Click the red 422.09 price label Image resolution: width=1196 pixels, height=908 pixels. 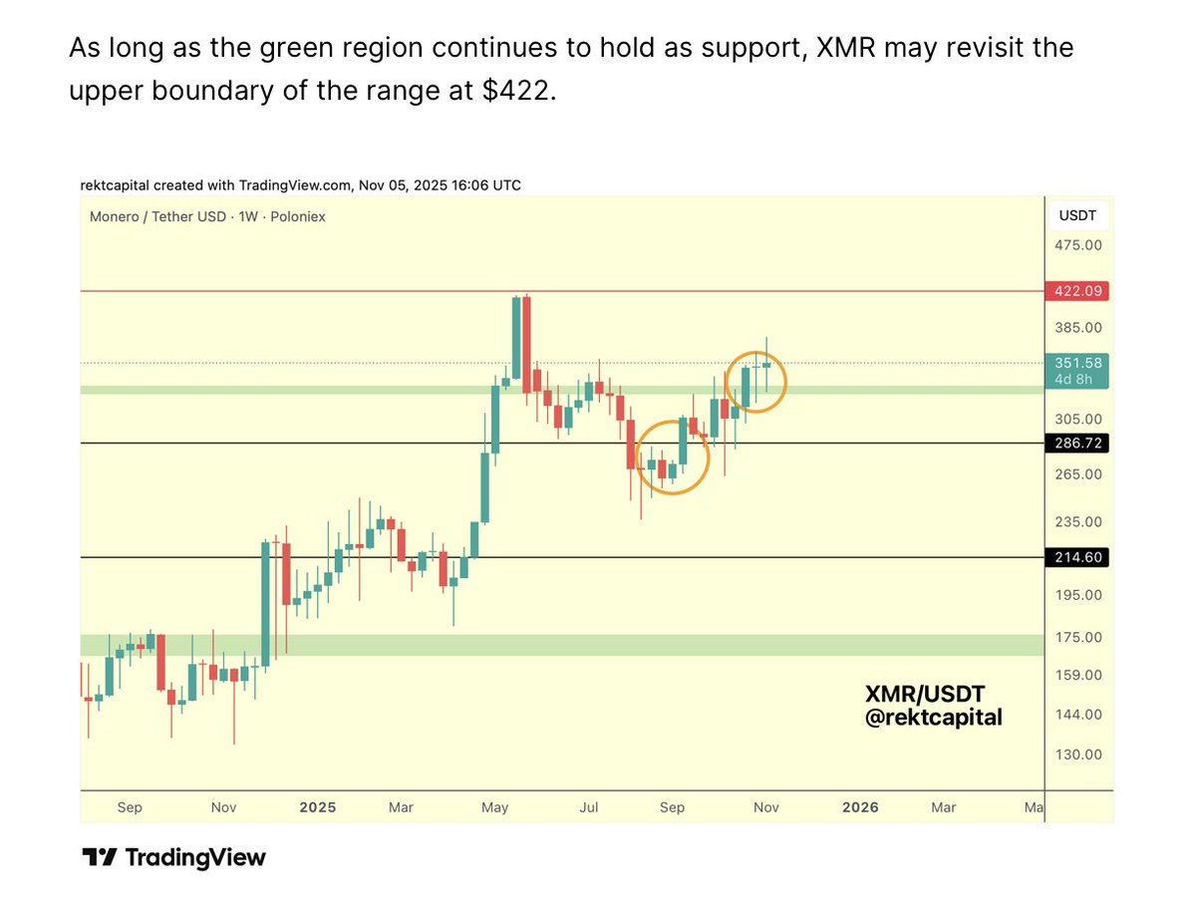pos(1076,291)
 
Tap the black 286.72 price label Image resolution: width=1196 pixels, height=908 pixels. pos(1076,443)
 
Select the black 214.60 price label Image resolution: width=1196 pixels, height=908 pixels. pos(1076,557)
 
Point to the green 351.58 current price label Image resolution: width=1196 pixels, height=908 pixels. pos(1076,363)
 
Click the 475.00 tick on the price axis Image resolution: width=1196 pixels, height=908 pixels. pos(1077,245)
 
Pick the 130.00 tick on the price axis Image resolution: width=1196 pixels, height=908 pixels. pos(1077,755)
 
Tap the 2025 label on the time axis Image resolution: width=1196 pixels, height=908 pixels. pos(318,807)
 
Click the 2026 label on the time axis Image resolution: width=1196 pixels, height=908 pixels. pos(860,807)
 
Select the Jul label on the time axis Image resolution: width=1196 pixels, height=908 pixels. pos(589,807)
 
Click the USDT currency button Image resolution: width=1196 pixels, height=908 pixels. pos(1077,215)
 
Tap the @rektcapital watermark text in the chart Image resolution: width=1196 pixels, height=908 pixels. pos(933,717)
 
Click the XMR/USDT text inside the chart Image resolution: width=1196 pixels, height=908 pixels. pos(924,694)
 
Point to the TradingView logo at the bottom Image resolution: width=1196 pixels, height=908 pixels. pos(173,857)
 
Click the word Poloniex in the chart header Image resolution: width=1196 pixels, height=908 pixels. pos(299,216)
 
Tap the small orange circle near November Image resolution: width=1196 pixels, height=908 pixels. pos(755,382)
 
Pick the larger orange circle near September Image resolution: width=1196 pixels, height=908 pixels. pos(672,457)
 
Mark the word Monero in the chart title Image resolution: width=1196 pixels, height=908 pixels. pos(116,216)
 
